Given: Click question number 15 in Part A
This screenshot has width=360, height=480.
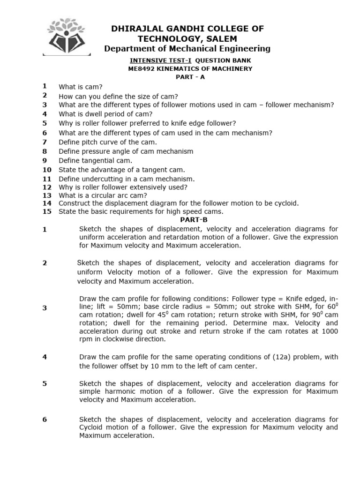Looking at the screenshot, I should (46, 211).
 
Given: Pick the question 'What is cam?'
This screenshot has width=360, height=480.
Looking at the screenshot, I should (80, 87).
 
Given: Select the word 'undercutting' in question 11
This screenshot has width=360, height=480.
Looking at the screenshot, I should (102, 179).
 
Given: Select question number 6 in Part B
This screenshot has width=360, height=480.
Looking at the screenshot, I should (45, 420).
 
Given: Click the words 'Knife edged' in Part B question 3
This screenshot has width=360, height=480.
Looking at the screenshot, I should (301, 298).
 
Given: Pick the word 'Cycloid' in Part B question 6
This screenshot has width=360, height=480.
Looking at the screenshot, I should (92, 427).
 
